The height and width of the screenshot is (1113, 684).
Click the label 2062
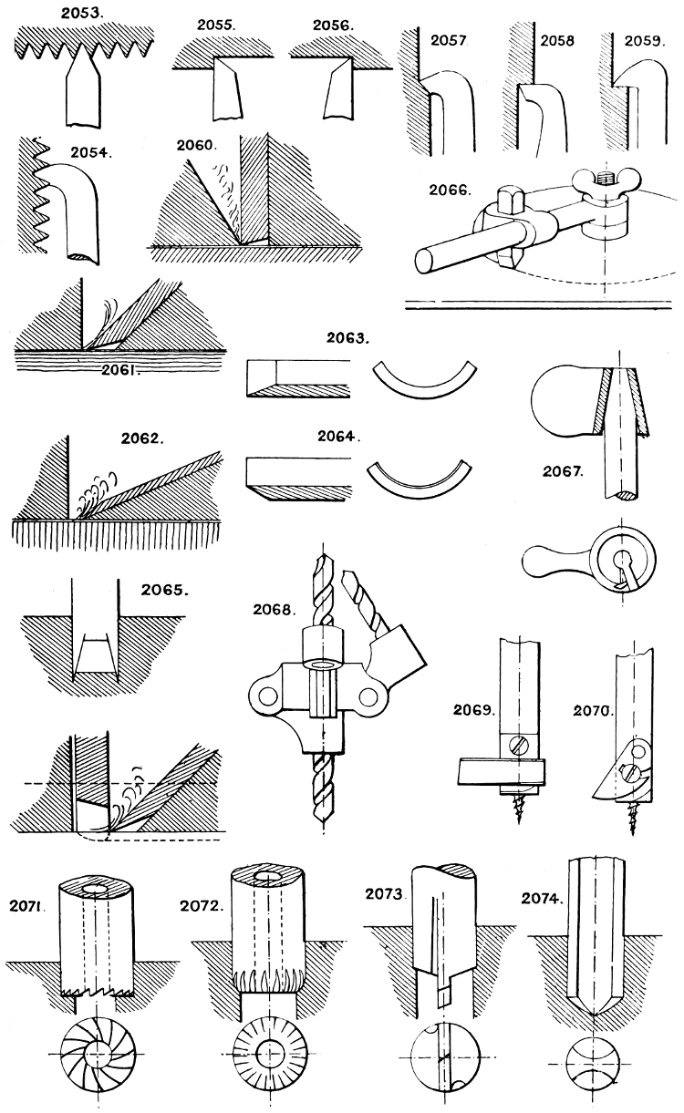143,438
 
